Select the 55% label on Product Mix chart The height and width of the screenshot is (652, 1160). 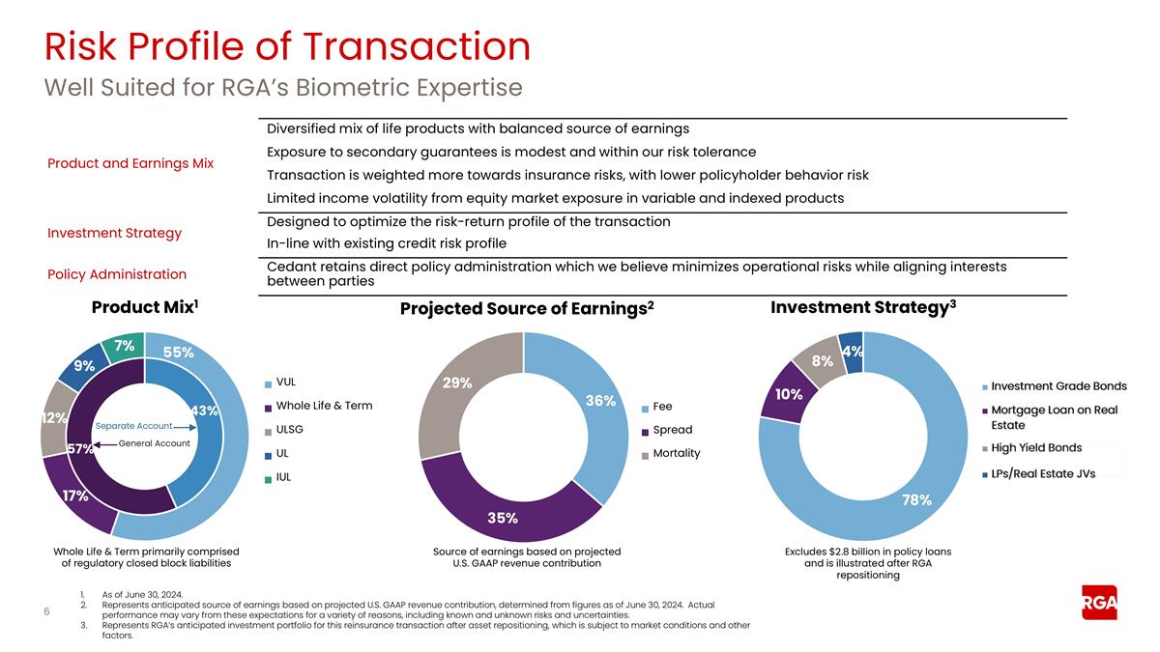point(178,354)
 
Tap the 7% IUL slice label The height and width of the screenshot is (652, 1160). point(125,346)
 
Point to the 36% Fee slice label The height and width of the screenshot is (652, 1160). point(600,401)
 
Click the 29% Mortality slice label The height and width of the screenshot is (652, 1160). point(457,383)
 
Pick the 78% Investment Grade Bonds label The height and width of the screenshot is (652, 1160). point(916,500)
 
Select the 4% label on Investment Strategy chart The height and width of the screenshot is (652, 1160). point(853,353)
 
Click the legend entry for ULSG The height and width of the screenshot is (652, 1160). point(289,429)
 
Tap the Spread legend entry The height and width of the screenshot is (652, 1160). point(672,430)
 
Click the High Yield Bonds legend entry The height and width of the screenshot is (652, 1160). point(1036,448)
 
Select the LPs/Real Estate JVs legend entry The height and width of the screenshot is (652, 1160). point(1042,473)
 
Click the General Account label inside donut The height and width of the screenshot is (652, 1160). point(154,443)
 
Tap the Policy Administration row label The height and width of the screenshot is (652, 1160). point(117,274)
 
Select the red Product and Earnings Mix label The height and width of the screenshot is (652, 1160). point(130,163)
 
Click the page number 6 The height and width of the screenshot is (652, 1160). point(47,611)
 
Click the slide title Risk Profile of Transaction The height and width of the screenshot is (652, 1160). point(287,46)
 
